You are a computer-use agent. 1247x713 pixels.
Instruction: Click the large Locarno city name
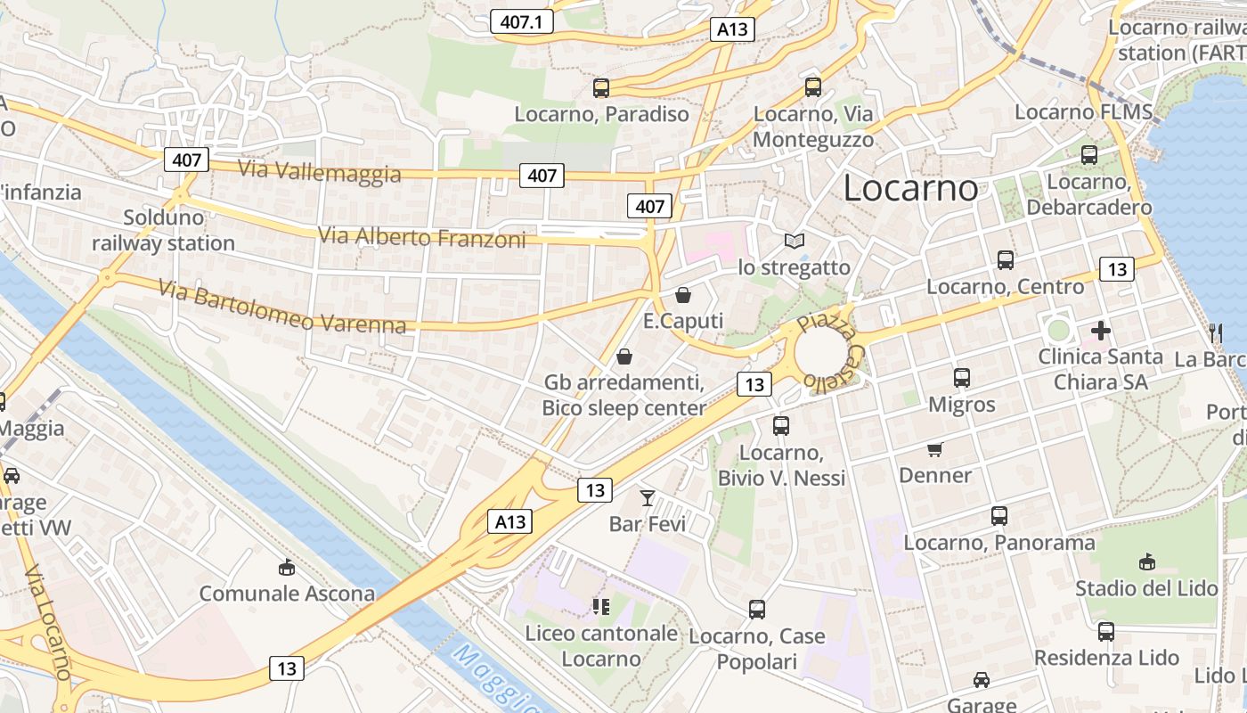click(x=910, y=188)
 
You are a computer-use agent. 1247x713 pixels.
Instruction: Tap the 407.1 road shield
click(x=522, y=21)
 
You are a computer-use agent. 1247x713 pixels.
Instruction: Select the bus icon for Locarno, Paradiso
click(x=601, y=87)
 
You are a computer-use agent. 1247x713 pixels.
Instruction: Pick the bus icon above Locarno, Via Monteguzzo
click(x=812, y=87)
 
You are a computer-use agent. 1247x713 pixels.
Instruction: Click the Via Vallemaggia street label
click(x=320, y=171)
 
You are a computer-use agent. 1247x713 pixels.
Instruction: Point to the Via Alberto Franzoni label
click(x=422, y=237)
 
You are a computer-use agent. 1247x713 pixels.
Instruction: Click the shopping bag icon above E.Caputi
click(x=683, y=295)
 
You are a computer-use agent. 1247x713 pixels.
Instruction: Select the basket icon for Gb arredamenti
click(x=624, y=357)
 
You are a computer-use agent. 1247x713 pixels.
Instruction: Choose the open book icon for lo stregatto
click(x=794, y=241)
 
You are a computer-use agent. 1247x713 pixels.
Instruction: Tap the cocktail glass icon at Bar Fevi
click(x=648, y=497)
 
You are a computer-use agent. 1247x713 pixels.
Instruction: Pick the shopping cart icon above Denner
click(x=934, y=449)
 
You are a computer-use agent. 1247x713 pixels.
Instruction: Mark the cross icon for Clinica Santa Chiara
click(x=1101, y=331)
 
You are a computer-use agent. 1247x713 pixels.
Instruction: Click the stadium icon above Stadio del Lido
click(x=1146, y=562)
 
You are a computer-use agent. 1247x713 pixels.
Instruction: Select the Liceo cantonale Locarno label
click(x=601, y=646)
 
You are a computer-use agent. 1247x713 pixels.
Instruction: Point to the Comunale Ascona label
click(x=287, y=594)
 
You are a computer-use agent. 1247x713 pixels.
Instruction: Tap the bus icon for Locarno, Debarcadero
click(x=1088, y=155)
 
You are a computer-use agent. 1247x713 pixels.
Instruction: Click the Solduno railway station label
click(x=163, y=230)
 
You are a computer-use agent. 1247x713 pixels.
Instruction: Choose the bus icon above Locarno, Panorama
click(x=999, y=515)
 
